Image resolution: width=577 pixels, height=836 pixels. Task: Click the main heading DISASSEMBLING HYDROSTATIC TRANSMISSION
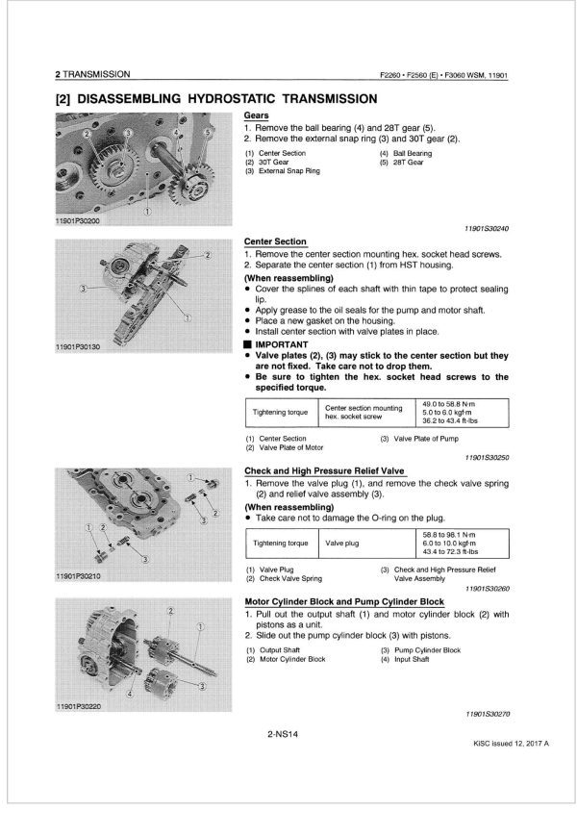tap(215, 98)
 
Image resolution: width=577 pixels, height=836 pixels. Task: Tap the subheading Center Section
tap(275, 241)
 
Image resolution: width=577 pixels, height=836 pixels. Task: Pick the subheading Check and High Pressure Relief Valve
tap(324, 469)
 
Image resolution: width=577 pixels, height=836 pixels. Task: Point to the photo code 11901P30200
tap(82, 222)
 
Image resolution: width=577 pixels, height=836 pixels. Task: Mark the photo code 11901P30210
tap(82, 576)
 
